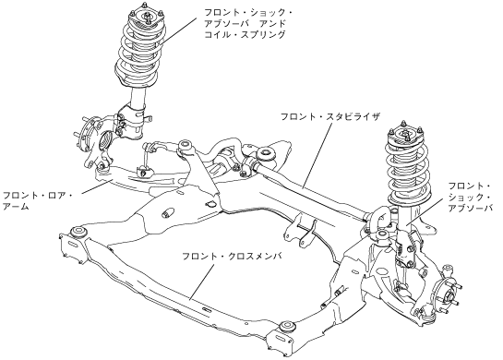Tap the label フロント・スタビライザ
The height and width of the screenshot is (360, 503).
[330, 116]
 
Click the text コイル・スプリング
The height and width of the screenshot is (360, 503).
[245, 34]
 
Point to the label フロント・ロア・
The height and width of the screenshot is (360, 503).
[38, 195]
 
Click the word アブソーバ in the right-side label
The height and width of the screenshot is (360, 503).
[470, 208]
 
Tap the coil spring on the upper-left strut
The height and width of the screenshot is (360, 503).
[138, 53]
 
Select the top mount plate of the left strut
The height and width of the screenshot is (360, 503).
[146, 17]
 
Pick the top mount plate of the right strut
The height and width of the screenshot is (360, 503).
[405, 135]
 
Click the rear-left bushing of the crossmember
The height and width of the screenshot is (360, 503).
[78, 232]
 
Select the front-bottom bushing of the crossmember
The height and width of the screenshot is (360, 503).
[286, 327]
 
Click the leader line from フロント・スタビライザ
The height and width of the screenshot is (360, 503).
[317, 156]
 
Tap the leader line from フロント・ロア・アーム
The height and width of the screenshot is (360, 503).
[96, 187]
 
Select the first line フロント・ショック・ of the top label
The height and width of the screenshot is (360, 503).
[248, 13]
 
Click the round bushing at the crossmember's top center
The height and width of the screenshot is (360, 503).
[266, 153]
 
